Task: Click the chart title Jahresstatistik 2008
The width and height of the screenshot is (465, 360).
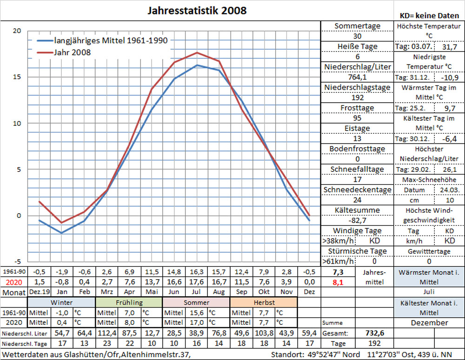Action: pos(197,10)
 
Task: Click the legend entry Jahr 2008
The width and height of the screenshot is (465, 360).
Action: pos(73,52)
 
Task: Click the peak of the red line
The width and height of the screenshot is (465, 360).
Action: pos(197,52)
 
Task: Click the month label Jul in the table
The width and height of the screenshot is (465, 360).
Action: pos(197,292)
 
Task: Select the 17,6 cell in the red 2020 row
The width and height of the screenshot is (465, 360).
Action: pos(197,282)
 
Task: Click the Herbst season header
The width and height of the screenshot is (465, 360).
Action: pos(263,302)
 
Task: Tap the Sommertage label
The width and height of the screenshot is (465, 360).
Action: pos(357,26)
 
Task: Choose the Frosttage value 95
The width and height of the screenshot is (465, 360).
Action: pos(357,118)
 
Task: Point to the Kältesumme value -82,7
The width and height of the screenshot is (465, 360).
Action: pos(357,220)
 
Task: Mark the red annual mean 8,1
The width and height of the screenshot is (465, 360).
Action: pos(338,282)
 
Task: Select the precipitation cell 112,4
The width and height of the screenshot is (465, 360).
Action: pos(107,334)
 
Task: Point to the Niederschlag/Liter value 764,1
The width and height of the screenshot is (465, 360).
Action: pos(357,77)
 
